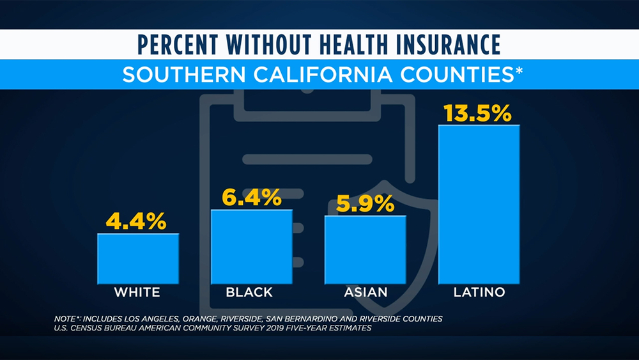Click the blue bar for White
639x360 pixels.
click(138, 258)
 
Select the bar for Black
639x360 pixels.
click(251, 246)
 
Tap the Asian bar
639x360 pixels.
click(365, 249)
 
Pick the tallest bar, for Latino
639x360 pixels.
click(479, 204)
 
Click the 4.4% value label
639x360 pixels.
click(136, 221)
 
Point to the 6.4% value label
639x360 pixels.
click(252, 198)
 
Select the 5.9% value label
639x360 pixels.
click(365, 203)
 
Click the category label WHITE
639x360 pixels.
click(137, 293)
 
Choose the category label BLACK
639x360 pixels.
click(249, 293)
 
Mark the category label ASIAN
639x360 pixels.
click(366, 293)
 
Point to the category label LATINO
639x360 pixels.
click(479, 293)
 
